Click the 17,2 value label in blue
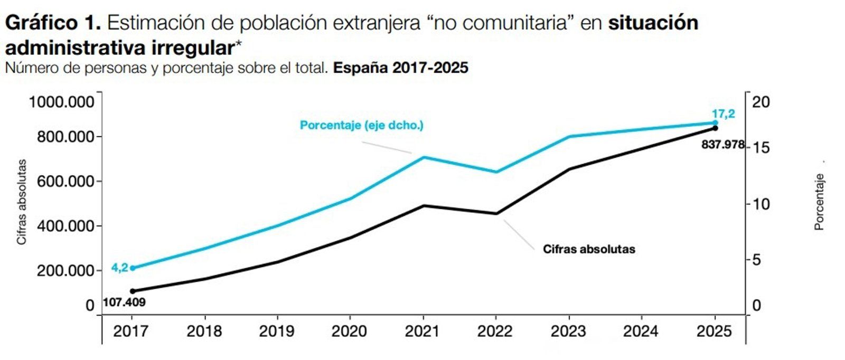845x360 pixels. [x=723, y=113]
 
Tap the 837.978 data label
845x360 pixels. [x=722, y=144]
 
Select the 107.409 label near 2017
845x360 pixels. [x=124, y=302]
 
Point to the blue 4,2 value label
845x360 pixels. [x=119, y=268]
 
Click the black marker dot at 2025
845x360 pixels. [x=715, y=128]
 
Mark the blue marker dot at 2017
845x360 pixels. [x=133, y=268]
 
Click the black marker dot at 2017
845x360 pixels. [x=133, y=291]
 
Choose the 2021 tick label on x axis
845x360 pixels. [x=422, y=331]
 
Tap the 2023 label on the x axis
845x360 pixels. [x=568, y=331]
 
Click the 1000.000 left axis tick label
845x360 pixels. [x=62, y=102]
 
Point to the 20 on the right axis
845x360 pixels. [x=761, y=102]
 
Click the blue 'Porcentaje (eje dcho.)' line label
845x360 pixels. [x=362, y=125]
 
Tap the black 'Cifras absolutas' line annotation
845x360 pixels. [x=589, y=249]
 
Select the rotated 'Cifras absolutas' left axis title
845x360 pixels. [x=22, y=202]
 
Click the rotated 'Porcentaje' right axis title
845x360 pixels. [x=819, y=202]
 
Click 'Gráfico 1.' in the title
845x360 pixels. [x=53, y=23]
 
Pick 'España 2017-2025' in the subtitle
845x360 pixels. [x=401, y=68]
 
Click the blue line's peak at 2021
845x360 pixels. [x=423, y=157]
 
